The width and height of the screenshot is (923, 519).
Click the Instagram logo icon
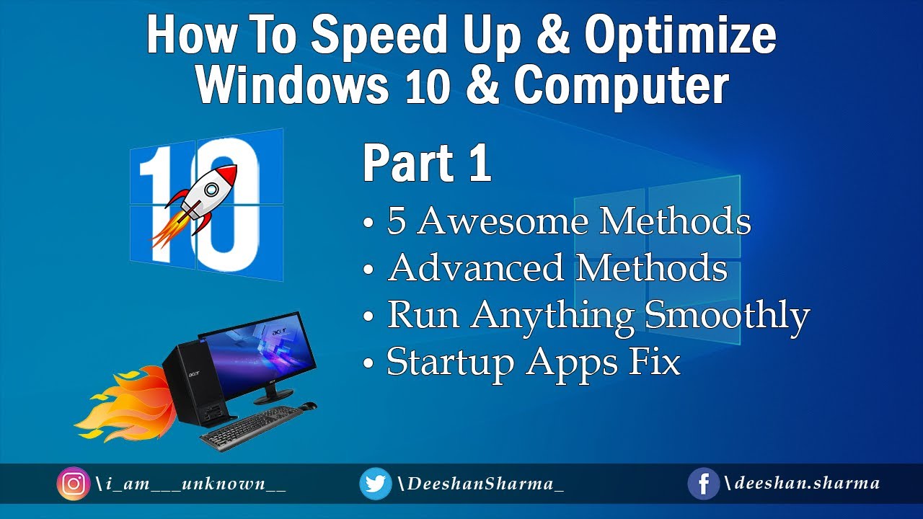(x=73, y=484)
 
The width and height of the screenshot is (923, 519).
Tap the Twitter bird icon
(x=375, y=484)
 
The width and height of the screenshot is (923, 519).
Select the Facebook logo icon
(x=704, y=484)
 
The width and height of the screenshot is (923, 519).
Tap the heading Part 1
(x=427, y=164)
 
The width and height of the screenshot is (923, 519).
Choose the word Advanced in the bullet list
(x=476, y=268)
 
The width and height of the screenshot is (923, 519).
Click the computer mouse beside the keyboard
(x=309, y=405)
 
